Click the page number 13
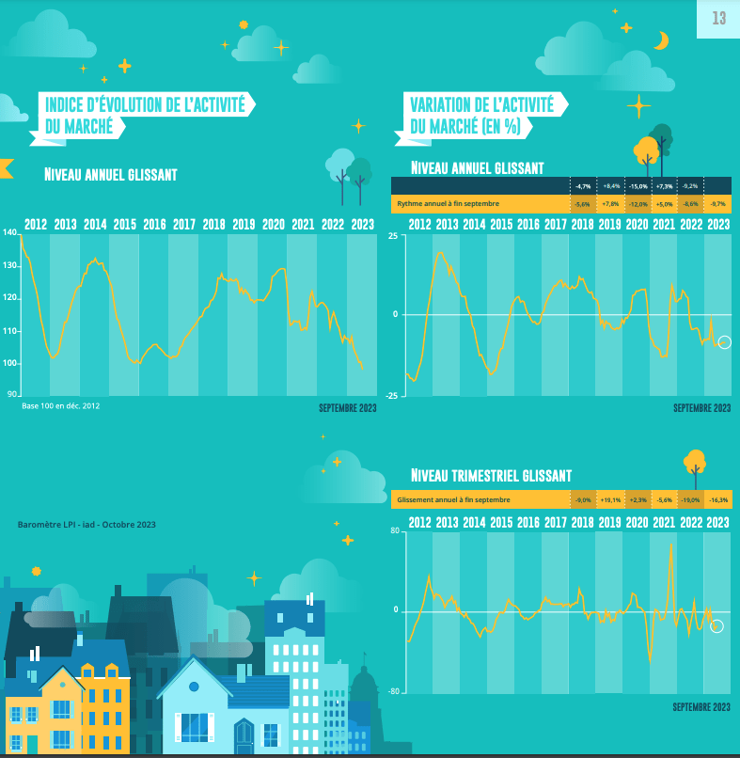coord(719,18)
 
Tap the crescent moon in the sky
coord(663,40)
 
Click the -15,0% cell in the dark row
coord(638,186)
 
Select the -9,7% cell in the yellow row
coord(717,203)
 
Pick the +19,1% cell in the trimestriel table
coord(611,500)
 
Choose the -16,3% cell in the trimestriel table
coord(718,500)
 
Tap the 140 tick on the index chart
coord(10,233)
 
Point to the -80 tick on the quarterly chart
coord(393,692)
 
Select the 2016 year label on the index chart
coord(154,225)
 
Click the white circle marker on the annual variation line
coord(724,342)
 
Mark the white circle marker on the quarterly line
coord(717,626)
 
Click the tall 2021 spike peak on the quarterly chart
coord(670,544)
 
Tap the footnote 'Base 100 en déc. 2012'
coord(60,406)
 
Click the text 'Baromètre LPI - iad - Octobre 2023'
coord(87,524)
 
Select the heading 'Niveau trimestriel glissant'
coord(492,476)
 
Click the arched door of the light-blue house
coord(244,732)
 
